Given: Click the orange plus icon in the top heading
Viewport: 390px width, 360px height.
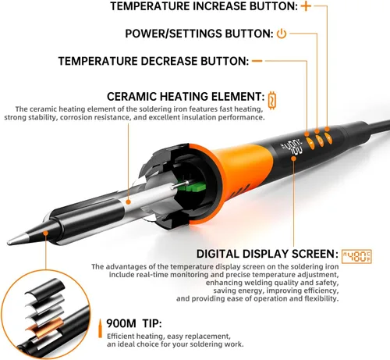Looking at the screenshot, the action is click(x=306, y=6).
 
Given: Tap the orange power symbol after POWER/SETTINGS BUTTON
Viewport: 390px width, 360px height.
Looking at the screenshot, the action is click(x=282, y=34).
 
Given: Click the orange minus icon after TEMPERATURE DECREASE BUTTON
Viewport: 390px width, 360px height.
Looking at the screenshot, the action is click(x=257, y=61).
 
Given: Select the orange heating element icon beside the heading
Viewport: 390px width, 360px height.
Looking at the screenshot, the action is click(x=271, y=100).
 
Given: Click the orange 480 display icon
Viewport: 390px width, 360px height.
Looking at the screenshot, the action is click(x=356, y=256).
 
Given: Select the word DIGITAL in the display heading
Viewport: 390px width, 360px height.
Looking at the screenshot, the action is click(x=218, y=254).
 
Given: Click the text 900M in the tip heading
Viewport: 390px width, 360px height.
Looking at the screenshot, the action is click(x=121, y=323).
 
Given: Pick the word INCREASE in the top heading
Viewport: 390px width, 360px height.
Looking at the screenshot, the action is click(x=220, y=6).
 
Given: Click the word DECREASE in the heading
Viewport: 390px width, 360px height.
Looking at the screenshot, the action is click(x=169, y=61).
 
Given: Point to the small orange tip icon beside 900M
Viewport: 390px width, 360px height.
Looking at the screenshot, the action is click(x=100, y=329).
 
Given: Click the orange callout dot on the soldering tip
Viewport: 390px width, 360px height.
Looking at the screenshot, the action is click(x=46, y=233).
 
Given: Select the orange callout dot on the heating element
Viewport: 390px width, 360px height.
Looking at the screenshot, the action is click(x=128, y=201).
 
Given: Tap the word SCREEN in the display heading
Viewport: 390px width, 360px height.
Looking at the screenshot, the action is click(x=315, y=254).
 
